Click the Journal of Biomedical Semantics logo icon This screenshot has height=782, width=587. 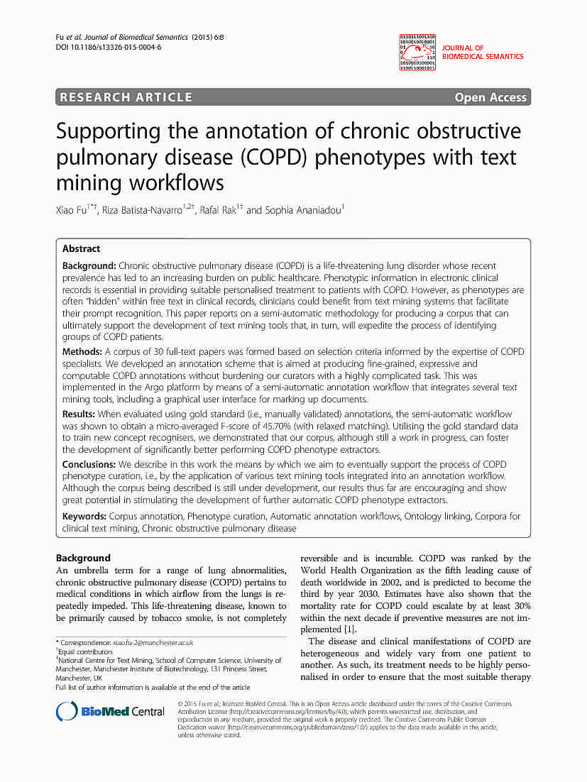tap(417, 51)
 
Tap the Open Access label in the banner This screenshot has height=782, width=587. tap(490, 98)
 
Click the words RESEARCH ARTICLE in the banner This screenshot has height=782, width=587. tap(126, 98)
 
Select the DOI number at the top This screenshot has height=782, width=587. tap(108, 48)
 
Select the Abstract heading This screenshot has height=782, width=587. tap(81, 249)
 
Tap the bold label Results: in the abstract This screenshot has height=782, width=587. tap(79, 414)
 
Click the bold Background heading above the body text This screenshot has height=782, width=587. tap(83, 558)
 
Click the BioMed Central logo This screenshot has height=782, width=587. tap(111, 711)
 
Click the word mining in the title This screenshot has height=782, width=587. tap(87, 182)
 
